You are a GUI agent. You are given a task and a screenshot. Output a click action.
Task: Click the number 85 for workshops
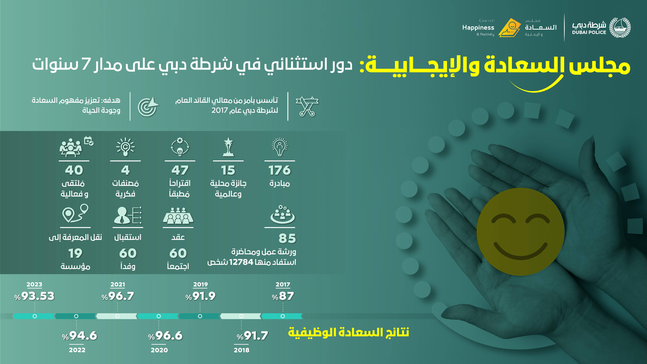coord(287,238)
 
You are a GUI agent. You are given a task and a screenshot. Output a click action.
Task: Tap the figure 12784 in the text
coord(241,262)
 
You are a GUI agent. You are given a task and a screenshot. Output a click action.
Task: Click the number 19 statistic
coord(75,253)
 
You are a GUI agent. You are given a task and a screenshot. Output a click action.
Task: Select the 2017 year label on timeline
coord(283,284)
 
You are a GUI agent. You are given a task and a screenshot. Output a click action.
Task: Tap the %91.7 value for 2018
coord(252,336)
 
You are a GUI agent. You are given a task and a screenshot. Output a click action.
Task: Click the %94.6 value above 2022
coord(79,336)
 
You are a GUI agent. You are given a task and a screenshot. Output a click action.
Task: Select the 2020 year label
coord(159,350)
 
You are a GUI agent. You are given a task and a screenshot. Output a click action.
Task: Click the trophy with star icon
coord(228,147)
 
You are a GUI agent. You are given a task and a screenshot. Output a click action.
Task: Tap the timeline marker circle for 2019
coord(200,316)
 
